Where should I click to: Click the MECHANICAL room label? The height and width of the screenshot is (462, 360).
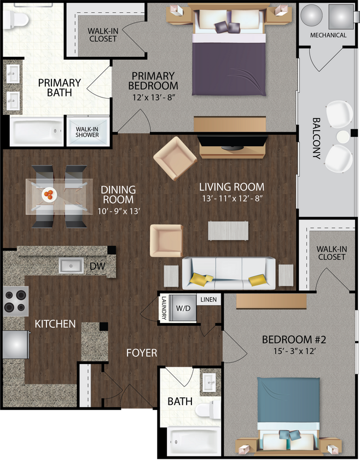tap(328, 35)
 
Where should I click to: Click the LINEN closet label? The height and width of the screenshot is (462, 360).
tap(208, 299)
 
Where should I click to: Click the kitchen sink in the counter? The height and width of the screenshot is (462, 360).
tap(71, 266)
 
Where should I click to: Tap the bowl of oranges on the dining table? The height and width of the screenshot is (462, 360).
tap(49, 194)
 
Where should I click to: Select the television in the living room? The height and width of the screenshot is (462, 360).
tap(233, 143)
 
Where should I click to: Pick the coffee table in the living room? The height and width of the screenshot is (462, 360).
tap(228, 230)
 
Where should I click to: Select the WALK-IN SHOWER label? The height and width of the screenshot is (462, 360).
tap(88, 131)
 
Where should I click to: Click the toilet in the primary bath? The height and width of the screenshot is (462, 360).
tap(16, 21)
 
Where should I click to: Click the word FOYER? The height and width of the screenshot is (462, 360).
tap(142, 353)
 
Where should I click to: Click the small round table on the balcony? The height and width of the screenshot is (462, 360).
tap(342, 136)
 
